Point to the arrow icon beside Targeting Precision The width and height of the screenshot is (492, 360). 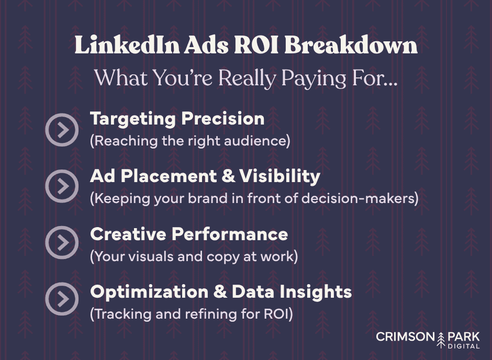click(x=62, y=129)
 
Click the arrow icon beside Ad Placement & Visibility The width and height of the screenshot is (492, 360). click(x=62, y=186)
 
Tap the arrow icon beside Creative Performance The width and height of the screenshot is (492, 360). click(x=62, y=243)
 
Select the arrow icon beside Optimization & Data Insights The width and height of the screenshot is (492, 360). click(x=62, y=299)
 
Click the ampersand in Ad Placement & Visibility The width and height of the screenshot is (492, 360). click(x=228, y=176)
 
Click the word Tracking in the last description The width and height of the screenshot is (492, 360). click(x=116, y=314)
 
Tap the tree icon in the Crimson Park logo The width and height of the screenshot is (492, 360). click(x=440, y=339)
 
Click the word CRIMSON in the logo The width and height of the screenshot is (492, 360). click(x=405, y=336)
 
